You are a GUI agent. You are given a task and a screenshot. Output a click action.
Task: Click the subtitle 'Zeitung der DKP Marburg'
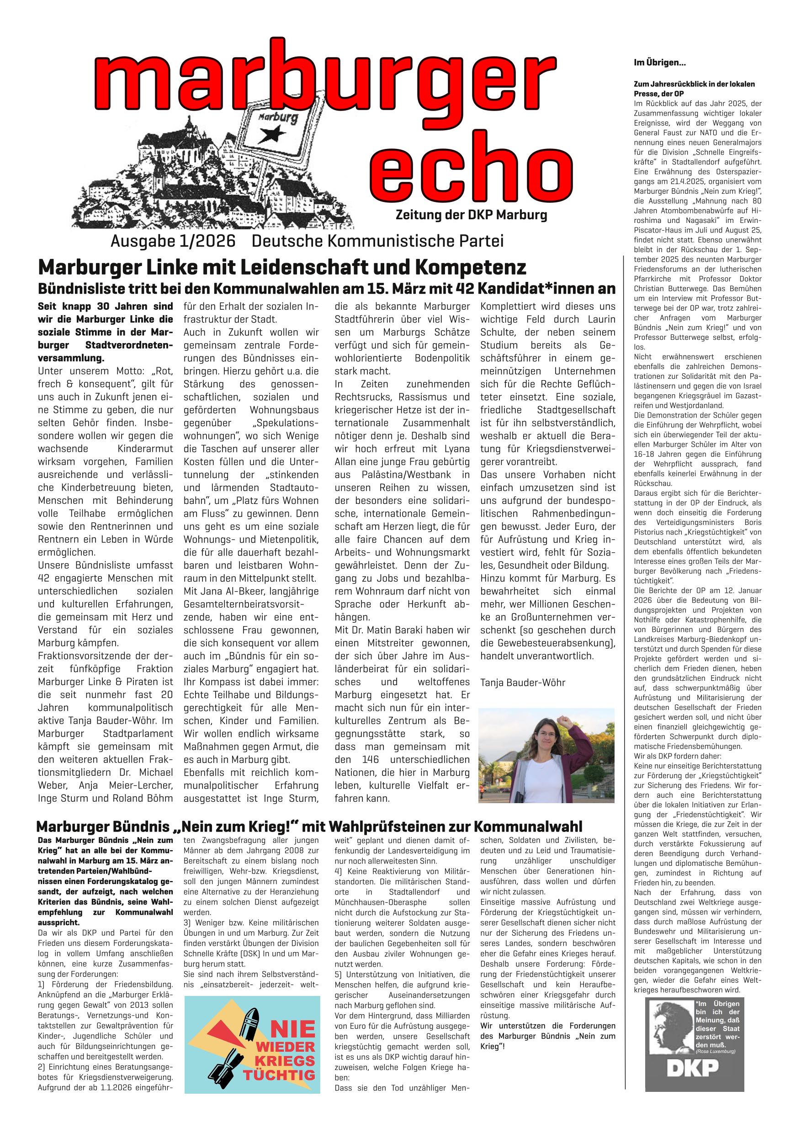pyautogui.click(x=471, y=215)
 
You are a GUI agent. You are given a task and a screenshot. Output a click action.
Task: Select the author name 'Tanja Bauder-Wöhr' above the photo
pyautogui.click(x=523, y=683)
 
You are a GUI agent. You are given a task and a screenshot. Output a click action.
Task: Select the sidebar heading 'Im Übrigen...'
pyautogui.click(x=660, y=63)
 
